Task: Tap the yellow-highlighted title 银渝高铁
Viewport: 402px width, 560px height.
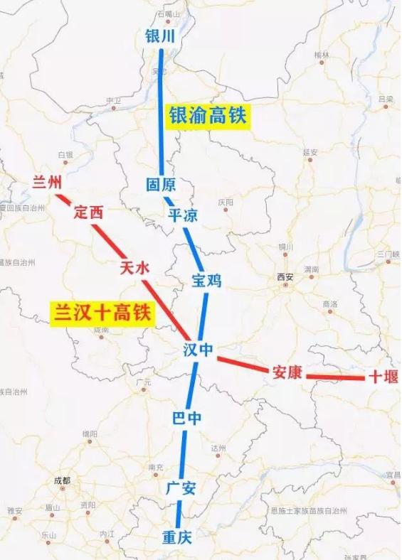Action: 207,116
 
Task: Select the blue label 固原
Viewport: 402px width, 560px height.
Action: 160,185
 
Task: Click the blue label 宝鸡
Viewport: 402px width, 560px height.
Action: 206,280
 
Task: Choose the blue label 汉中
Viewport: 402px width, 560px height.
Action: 199,352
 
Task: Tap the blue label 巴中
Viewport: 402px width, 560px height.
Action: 187,418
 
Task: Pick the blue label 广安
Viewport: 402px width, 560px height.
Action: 181,488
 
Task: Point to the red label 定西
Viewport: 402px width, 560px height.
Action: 88,212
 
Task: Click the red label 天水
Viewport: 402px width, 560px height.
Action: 134,268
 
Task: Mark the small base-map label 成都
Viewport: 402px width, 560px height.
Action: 63,480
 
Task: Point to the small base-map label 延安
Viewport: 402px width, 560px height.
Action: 310,152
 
